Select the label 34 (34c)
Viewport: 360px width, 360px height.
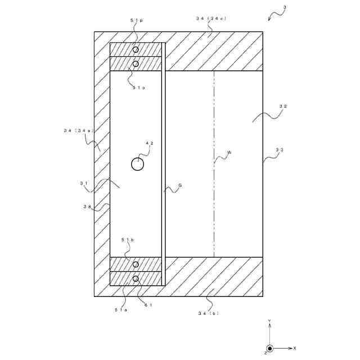click(211, 19)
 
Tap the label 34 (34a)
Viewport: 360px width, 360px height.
click(78, 130)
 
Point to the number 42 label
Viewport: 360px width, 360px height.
click(150, 143)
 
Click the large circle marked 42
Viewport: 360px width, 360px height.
click(138, 164)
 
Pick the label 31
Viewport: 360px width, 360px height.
click(83, 183)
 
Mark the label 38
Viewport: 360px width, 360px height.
click(87, 206)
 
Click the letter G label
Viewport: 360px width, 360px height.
click(180, 185)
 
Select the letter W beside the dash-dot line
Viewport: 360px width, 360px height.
click(229, 152)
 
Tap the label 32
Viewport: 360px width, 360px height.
click(283, 106)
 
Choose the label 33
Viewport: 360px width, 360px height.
click(280, 150)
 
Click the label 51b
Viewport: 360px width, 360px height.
click(128, 240)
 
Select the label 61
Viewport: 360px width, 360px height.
click(148, 305)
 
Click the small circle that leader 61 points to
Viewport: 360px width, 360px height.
click(136, 278)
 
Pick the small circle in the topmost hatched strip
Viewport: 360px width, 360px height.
click(136, 49)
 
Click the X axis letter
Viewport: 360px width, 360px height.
click(295, 349)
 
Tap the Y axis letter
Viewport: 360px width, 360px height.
click(269, 321)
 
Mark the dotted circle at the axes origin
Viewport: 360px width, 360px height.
click(269, 349)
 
